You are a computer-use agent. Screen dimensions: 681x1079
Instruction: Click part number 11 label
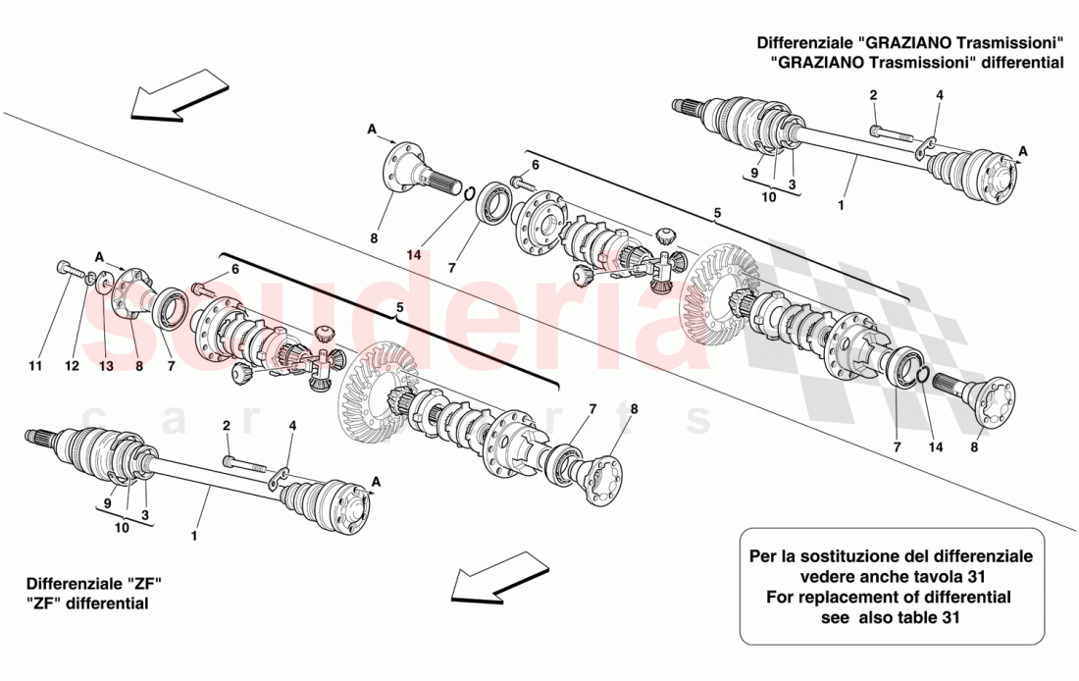[x=35, y=366]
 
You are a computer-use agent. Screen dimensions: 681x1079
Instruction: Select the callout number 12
[x=71, y=366]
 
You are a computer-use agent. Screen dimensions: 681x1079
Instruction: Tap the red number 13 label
[x=105, y=366]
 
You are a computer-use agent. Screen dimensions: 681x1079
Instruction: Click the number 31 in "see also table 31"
[x=951, y=618]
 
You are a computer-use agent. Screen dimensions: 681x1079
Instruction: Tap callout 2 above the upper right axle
[x=873, y=95]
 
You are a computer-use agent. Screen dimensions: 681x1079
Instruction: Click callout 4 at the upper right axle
[x=939, y=95]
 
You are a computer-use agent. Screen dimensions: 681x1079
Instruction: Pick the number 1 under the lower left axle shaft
[x=194, y=536]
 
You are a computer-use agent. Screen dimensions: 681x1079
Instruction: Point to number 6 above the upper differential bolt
[x=536, y=165]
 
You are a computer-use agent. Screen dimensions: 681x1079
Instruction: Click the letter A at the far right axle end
[x=1023, y=150]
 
